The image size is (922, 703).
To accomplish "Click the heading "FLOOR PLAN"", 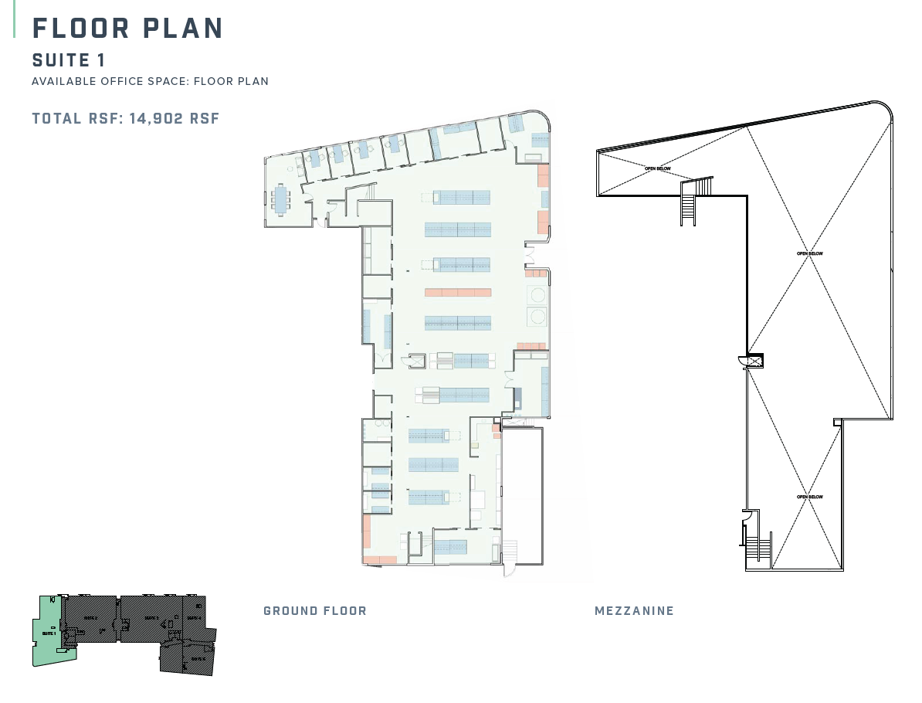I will click(127, 28).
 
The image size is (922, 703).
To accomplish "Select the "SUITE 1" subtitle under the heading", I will click(69, 60).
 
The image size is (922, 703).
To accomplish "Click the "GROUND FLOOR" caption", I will click(315, 610).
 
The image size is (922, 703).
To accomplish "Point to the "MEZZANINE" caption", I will click(634, 610).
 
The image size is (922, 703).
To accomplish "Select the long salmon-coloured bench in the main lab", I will click(458, 292).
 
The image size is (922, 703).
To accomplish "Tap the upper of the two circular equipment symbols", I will click(537, 295).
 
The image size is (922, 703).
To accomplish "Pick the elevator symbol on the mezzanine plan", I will click(751, 360).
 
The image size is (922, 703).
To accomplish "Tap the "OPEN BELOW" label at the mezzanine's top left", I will click(657, 168).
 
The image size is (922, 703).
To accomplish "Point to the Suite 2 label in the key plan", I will click(90, 618).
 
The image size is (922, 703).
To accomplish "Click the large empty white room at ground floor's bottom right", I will click(522, 494).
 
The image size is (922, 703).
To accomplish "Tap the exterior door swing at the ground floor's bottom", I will click(508, 568).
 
